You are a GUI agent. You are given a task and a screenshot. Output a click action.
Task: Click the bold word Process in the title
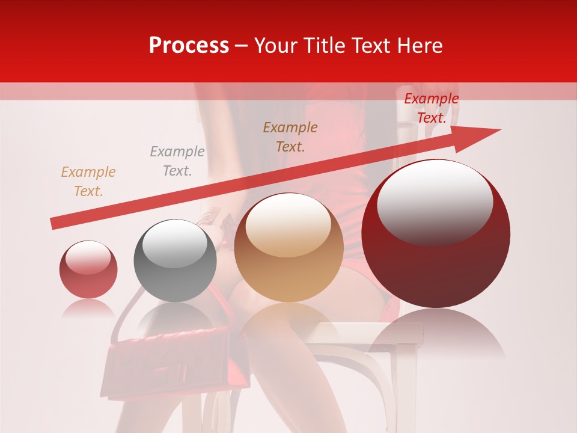click(x=189, y=46)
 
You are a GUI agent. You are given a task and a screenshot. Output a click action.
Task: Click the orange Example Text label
click(x=88, y=182)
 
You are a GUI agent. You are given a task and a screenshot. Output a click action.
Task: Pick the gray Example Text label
click(x=177, y=161)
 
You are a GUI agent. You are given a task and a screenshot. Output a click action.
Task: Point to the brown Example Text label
click(x=290, y=137)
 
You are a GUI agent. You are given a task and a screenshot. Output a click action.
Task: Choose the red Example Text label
click(x=432, y=108)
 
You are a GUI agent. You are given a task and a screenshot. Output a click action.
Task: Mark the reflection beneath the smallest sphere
click(x=88, y=309)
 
